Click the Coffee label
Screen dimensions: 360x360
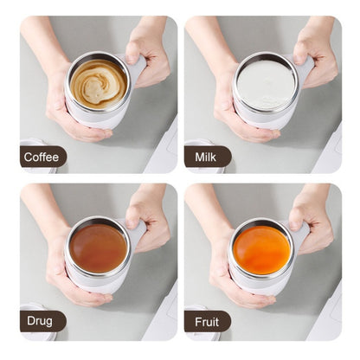(42, 157)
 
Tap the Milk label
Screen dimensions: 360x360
(207, 157)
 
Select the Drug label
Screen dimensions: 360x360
(39, 322)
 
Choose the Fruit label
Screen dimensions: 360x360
(206, 322)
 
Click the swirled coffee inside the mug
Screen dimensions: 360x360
(98, 83)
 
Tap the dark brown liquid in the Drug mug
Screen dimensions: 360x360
(98, 248)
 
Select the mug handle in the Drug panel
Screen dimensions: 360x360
(137, 232)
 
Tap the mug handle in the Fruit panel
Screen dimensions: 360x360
(303, 232)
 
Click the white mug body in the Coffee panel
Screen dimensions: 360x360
(102, 119)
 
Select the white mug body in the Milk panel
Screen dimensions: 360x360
(267, 119)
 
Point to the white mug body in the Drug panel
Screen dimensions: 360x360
(102, 284)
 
